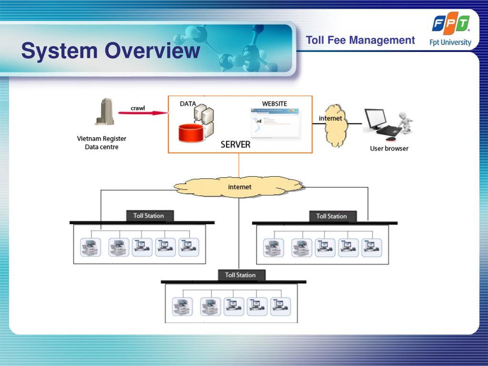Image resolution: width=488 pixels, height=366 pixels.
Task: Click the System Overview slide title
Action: click(111, 51)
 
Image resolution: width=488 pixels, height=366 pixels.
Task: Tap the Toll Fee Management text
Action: click(360, 41)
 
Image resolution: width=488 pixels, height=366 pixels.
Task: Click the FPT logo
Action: click(451, 24)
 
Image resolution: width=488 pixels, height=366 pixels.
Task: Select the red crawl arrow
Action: click(143, 113)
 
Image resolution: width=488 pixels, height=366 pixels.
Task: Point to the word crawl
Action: click(138, 107)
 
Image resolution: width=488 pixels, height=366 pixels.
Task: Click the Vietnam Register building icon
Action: click(104, 112)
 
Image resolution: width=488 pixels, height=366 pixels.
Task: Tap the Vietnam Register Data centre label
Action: click(102, 143)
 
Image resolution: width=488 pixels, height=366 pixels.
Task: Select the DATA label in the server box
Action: click(188, 104)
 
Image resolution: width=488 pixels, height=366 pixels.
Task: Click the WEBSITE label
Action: click(274, 104)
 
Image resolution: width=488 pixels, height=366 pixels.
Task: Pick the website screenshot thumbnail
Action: click(275, 123)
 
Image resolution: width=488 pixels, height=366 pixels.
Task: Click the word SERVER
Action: click(235, 144)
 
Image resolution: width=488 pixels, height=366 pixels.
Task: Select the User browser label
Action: click(389, 148)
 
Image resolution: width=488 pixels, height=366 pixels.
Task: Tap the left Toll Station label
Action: click(149, 216)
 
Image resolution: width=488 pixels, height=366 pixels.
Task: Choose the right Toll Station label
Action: click(331, 216)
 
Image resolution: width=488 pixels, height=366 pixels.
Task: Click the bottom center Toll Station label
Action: click(240, 275)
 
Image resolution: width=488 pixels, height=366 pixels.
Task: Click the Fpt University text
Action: click(450, 42)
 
